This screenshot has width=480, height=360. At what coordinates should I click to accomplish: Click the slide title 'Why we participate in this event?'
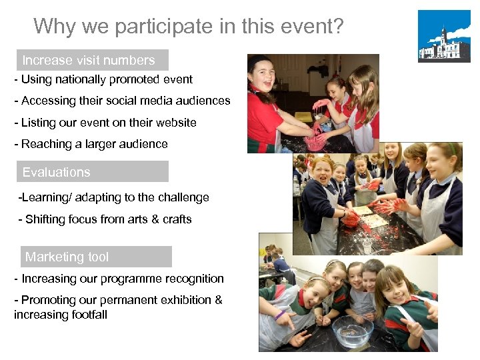pos(189,26)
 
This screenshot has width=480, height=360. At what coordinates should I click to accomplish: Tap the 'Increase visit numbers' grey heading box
pos(92,60)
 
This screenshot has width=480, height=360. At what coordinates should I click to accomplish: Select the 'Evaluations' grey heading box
pos(92,172)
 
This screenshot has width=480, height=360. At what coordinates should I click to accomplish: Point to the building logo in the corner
pos(443,37)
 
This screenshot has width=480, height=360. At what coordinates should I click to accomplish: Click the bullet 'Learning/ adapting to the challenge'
pos(113,197)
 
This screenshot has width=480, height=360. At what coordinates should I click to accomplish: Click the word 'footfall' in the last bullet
pos(85,315)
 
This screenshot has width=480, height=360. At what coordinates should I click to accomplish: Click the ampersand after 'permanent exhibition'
pos(218,300)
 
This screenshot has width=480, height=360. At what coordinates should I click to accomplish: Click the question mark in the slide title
pos(338,26)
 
